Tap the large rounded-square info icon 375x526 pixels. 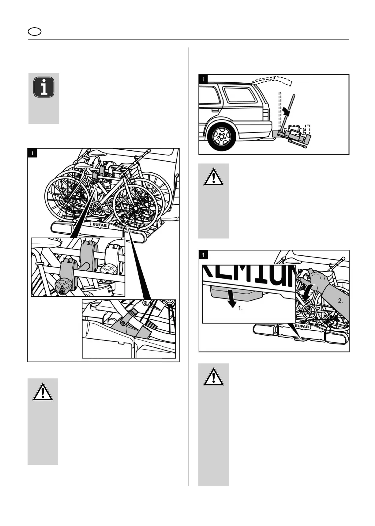(44, 87)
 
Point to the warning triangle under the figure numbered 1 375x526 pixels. (213, 377)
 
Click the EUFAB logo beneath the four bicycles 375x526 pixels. (99, 224)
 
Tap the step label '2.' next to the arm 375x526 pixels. (340, 301)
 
